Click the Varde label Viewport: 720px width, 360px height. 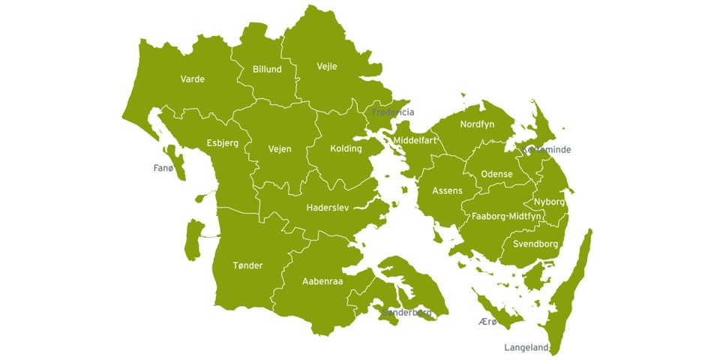[x=193, y=79]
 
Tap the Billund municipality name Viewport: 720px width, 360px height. [x=267, y=69]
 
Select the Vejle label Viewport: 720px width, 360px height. [x=327, y=66]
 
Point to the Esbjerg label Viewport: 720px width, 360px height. [x=223, y=143]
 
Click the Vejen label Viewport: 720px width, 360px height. [x=280, y=149]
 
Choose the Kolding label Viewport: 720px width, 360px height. [x=346, y=148]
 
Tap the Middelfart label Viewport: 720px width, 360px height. [x=415, y=140]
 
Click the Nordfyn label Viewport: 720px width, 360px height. [x=477, y=124]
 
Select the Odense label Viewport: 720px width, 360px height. [x=496, y=174]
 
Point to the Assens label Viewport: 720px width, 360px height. [x=447, y=191]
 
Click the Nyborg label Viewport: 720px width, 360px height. [x=550, y=202]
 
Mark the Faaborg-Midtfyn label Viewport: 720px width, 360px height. [x=506, y=216]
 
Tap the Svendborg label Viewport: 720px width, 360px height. [x=535, y=244]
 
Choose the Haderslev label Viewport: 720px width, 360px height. [x=330, y=208]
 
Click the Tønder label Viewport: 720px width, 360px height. [x=247, y=265]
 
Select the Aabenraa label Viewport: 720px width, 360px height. [x=322, y=281]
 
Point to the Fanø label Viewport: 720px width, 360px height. [x=163, y=168]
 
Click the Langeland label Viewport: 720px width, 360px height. [x=526, y=347]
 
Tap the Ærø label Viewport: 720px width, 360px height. [x=487, y=321]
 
